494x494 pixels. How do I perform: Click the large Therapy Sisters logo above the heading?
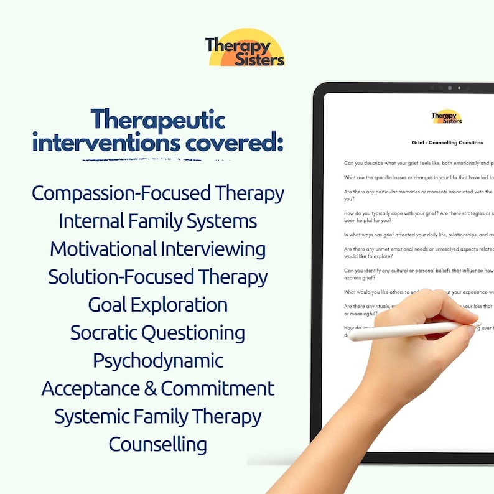245,48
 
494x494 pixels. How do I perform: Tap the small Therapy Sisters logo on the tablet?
447,117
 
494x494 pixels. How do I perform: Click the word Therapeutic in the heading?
157,119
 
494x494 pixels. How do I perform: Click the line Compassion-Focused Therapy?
158,193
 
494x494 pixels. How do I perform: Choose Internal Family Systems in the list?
158,221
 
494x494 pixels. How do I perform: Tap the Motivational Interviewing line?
158,249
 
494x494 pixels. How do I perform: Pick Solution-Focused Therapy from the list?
158,277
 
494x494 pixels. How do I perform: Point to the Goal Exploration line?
158,305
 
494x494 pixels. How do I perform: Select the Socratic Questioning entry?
158,333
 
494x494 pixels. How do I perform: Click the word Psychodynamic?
158,361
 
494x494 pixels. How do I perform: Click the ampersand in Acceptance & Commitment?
150,389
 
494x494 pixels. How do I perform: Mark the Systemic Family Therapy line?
158,417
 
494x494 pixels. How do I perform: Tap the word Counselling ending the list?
158,444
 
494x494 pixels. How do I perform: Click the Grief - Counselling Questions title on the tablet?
447,142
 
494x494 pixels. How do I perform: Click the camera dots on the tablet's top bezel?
449,88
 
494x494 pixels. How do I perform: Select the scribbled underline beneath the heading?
156,160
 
